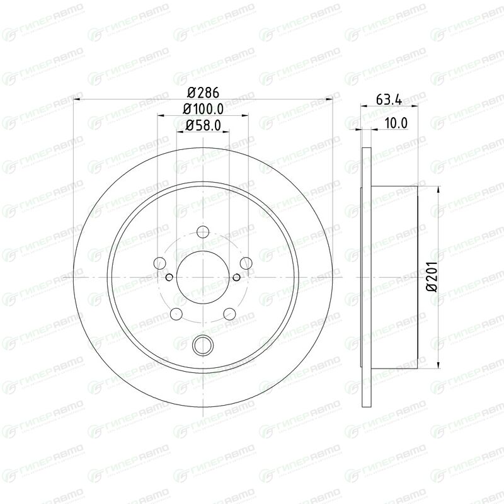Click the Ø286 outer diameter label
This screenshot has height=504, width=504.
(x=203, y=93)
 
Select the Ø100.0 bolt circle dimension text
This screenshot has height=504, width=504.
(x=203, y=109)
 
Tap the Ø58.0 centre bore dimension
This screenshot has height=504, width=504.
(x=203, y=125)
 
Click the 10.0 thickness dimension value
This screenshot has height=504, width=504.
(x=396, y=123)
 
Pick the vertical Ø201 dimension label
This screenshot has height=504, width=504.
(x=432, y=277)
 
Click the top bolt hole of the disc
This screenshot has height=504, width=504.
(x=203, y=231)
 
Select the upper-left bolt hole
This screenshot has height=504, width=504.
(x=160, y=263)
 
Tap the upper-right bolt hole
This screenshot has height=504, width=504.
(x=246, y=263)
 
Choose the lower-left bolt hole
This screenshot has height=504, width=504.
(x=176, y=314)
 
